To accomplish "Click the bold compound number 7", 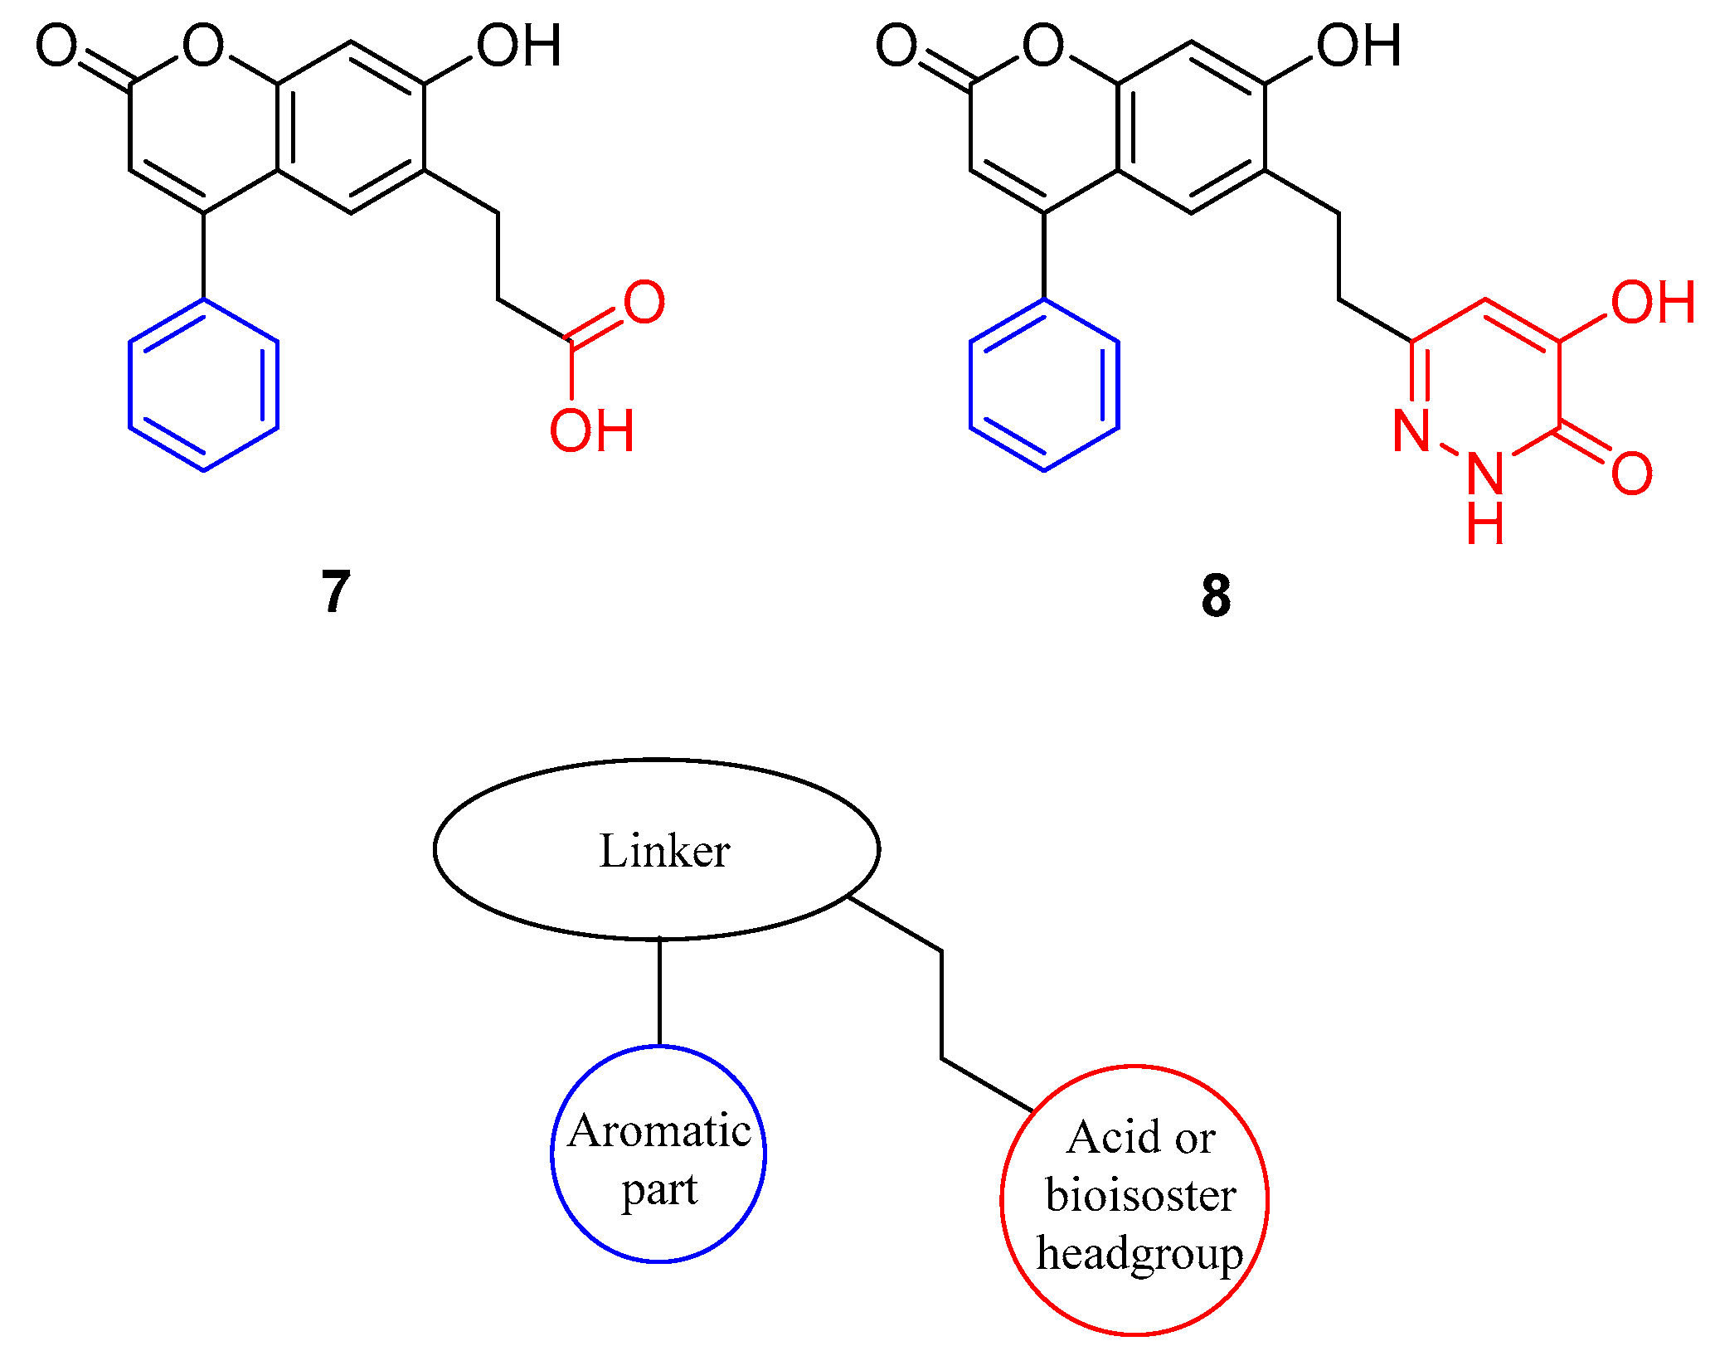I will pos(335,591).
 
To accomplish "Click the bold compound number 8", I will pos(1215,595).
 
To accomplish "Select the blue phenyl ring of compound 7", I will pos(203,385).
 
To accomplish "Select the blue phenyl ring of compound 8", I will pos(1044,385).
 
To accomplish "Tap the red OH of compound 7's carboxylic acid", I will pos(592,430).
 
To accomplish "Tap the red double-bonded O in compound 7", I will pos(644,303).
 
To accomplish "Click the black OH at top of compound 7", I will pos(519,46).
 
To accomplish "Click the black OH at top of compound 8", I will pos(1359,46).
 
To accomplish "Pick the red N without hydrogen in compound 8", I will pos(1411,430).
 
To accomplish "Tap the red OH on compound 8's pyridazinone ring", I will pos(1652,303).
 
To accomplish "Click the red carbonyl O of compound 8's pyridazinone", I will pos(1631,474).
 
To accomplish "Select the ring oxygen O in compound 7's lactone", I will pos(203,46).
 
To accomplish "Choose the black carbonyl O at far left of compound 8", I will pos(896,46).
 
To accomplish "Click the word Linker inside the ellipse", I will pos(664,851).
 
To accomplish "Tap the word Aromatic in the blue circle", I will pos(659,1131).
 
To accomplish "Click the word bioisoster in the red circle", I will pos(1140,1195).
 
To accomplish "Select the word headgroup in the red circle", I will pos(1139,1253).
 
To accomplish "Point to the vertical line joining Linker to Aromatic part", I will pos(659,992).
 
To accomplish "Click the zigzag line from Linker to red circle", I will pos(941,1003).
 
